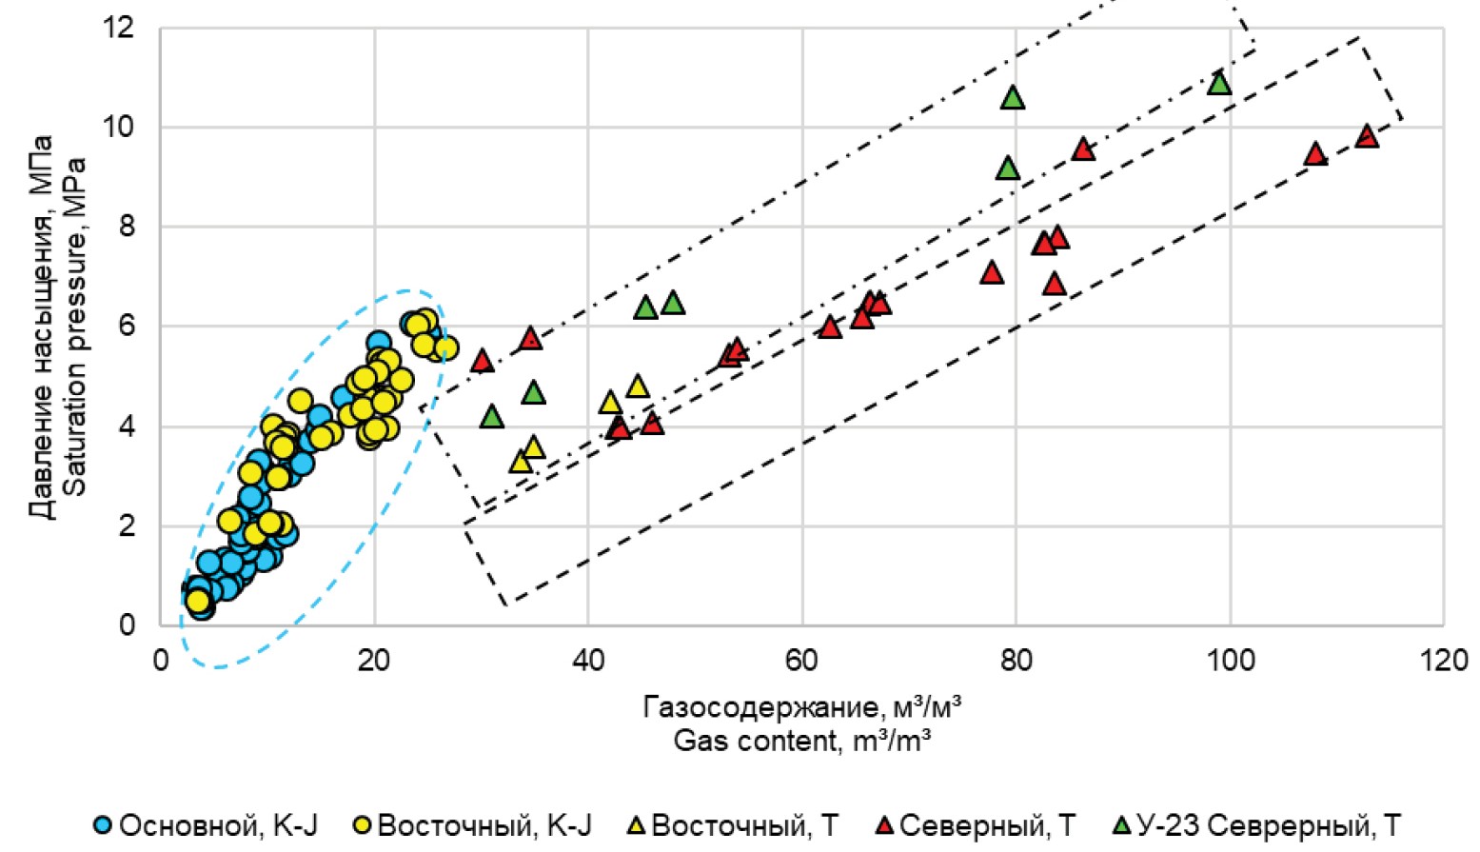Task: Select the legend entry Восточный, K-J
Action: (470, 825)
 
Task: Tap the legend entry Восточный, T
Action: (733, 825)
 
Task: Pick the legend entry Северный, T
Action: (975, 825)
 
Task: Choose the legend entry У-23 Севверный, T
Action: (1256, 825)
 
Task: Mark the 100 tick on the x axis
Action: (1231, 659)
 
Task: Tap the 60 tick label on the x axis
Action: (802, 659)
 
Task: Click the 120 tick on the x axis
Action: (1444, 659)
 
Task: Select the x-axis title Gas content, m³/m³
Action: (801, 741)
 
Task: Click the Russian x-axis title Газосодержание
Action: (801, 708)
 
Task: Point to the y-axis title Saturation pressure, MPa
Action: (76, 326)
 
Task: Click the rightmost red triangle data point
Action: (1367, 136)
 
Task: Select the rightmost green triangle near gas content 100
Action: (1219, 84)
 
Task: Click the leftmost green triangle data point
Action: (491, 417)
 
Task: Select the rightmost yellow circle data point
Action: (446, 348)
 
